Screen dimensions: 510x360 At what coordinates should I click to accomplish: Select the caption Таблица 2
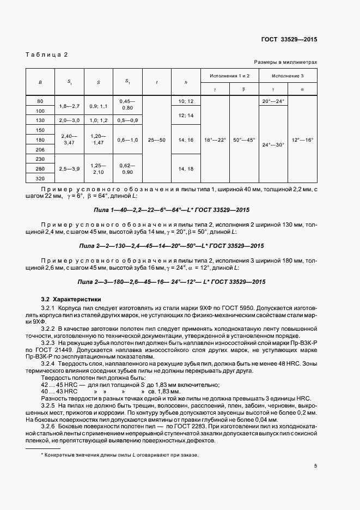coord(47,54)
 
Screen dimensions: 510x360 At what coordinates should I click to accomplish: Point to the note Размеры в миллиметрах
coord(285,63)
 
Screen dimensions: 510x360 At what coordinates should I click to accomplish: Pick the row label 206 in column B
coord(40,149)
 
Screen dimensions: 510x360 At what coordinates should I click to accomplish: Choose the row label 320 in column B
coord(40,178)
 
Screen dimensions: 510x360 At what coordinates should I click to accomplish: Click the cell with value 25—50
coord(156,139)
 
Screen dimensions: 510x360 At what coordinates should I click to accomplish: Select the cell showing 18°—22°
coord(214,139)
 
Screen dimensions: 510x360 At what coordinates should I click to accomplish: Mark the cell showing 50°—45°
coord(243,139)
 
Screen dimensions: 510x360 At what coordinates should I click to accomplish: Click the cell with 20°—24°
coord(273,101)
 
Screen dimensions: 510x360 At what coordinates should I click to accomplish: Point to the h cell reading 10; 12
coord(186,101)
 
